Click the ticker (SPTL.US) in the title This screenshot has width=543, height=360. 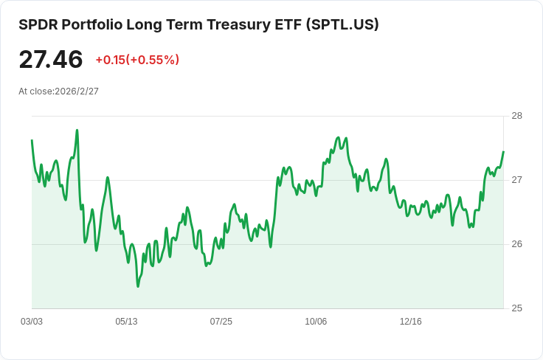click(x=343, y=24)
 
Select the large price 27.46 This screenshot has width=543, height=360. click(x=51, y=59)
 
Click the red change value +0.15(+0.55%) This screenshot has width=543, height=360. click(x=137, y=60)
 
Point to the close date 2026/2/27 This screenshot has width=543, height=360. click(x=77, y=91)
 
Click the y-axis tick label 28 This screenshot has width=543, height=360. click(x=516, y=116)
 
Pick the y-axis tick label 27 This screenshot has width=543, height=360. click(x=516, y=180)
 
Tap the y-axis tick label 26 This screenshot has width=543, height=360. click(x=516, y=244)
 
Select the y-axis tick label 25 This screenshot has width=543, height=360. click(x=516, y=308)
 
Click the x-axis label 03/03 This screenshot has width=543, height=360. click(x=32, y=322)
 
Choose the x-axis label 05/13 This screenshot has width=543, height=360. click(x=126, y=322)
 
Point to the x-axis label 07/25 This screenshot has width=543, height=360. click(x=221, y=322)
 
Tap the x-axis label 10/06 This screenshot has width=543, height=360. click(x=316, y=322)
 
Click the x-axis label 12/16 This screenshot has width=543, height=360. click(x=410, y=322)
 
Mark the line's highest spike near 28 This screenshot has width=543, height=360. click(x=77, y=131)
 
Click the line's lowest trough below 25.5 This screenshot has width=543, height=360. click(x=138, y=285)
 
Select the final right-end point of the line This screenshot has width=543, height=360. click(x=503, y=152)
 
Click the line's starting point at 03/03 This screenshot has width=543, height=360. click(x=32, y=140)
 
